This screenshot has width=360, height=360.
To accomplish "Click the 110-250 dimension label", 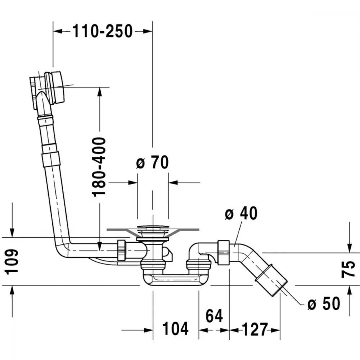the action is [x=103, y=31].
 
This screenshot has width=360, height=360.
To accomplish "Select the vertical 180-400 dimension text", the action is [x=99, y=167].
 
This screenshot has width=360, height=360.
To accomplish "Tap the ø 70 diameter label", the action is [x=152, y=162].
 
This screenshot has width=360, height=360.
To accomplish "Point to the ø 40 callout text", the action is [x=241, y=213].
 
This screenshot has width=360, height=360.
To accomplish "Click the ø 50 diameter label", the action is [x=324, y=303].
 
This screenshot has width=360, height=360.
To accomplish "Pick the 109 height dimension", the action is [x=12, y=261].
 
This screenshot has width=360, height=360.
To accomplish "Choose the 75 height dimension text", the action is [x=348, y=269].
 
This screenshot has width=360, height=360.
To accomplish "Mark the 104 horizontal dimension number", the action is [x=175, y=329].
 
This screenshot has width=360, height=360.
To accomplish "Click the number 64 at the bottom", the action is [x=214, y=316].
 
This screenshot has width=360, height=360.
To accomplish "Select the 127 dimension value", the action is [x=255, y=329].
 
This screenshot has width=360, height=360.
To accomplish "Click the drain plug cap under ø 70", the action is [x=153, y=228].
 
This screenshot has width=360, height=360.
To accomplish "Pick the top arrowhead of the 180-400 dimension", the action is [x=100, y=92].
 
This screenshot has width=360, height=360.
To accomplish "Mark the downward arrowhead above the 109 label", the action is [x=12, y=232].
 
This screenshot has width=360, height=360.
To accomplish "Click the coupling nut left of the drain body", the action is [x=121, y=250].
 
